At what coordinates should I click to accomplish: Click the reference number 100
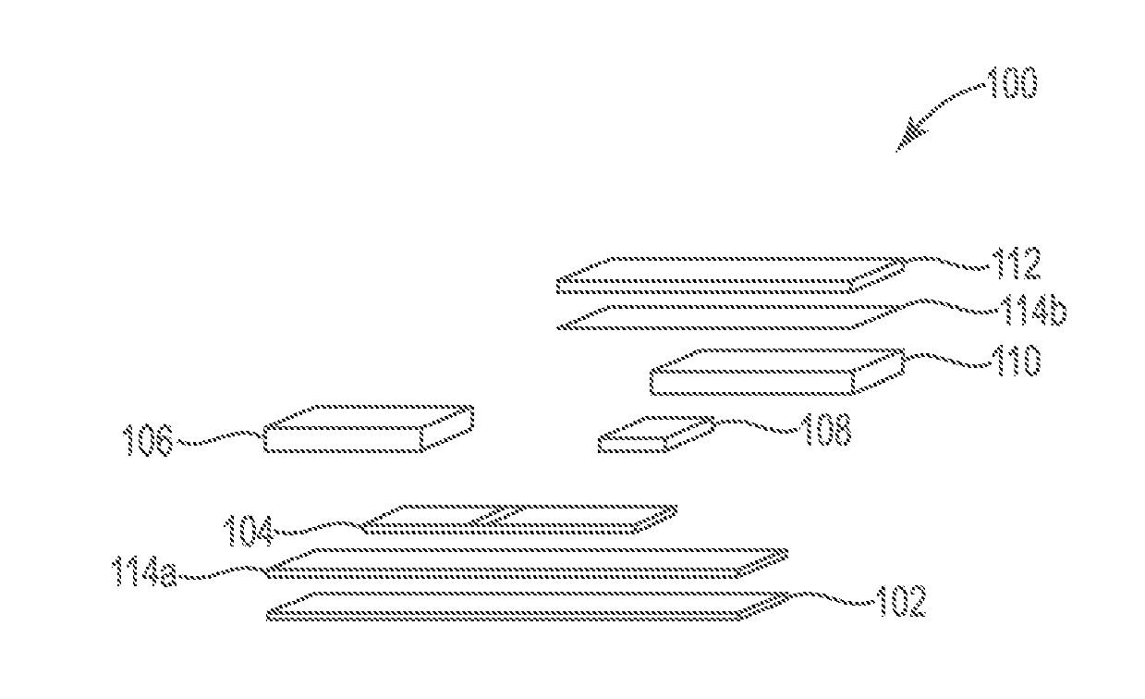(1011, 85)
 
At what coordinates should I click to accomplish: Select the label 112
(1016, 266)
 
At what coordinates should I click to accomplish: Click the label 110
(1015, 362)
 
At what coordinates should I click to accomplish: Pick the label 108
(824, 431)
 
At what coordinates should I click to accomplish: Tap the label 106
(147, 442)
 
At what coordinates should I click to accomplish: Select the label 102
(899, 604)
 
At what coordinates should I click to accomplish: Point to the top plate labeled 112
(730, 275)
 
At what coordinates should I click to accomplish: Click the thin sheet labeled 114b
(721, 317)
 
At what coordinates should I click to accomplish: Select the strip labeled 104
(518, 519)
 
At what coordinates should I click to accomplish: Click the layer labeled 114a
(527, 561)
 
